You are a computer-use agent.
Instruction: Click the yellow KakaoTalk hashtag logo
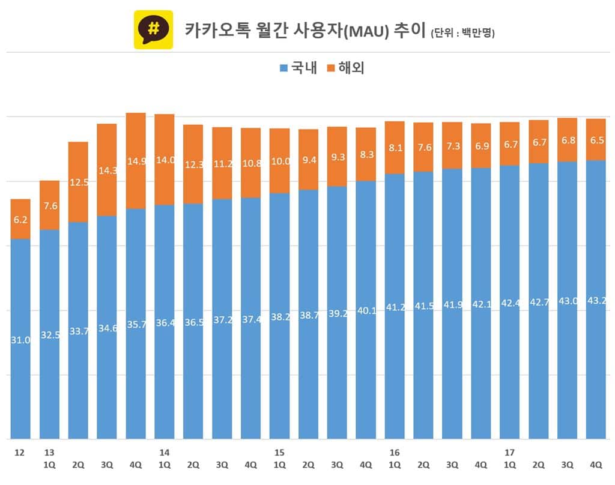coord(153,29)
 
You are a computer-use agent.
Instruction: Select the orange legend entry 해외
coord(345,68)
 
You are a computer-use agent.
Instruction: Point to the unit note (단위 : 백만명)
coord(462,34)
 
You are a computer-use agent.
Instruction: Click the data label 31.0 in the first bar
coord(20,340)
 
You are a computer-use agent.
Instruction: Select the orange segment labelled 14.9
coord(136,161)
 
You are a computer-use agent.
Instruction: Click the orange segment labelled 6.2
coord(20,220)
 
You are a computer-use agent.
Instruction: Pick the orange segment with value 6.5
coord(596,140)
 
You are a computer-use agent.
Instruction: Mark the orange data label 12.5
coord(78,182)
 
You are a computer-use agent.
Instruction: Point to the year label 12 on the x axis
coord(20,452)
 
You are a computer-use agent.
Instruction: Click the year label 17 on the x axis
coord(509,452)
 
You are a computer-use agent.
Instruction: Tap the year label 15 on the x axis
coord(279,452)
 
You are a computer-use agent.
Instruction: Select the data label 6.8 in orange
coord(567,140)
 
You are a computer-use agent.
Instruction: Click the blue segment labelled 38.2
coord(279,315)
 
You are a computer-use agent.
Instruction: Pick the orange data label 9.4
coord(308,160)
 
